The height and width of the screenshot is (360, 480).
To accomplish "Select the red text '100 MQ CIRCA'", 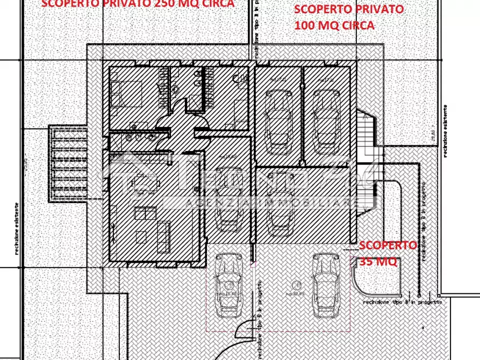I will [334, 25].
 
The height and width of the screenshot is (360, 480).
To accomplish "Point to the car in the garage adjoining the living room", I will [228, 199].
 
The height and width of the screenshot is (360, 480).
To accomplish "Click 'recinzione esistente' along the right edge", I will [446, 132].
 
